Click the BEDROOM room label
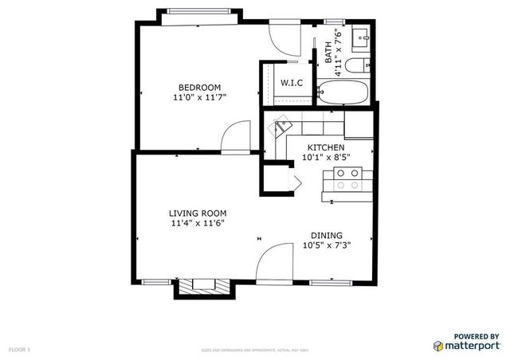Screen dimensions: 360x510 (x=199, y=88)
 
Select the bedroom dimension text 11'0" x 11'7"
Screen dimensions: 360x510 (x=199, y=98)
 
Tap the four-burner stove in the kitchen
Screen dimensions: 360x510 (x=348, y=179)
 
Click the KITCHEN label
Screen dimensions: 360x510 (x=327, y=148)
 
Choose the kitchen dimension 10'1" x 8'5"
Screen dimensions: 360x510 (x=327, y=158)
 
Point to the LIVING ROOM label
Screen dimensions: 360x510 (x=198, y=213)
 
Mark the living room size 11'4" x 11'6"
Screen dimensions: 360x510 (x=198, y=223)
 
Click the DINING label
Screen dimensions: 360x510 (x=327, y=235)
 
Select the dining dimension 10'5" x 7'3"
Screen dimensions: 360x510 (x=327, y=245)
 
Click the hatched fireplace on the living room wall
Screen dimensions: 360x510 (x=204, y=285)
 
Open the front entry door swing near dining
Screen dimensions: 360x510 (x=275, y=263)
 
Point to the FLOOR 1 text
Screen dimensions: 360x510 (x=19, y=349)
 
